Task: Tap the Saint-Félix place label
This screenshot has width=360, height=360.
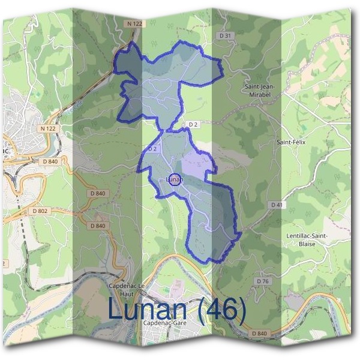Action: click(x=290, y=142)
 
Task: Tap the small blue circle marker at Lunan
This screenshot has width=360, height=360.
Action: click(x=174, y=179)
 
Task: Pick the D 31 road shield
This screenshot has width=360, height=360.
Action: click(x=226, y=36)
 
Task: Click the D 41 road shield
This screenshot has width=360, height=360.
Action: click(x=277, y=205)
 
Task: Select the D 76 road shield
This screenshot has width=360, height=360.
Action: click(x=262, y=281)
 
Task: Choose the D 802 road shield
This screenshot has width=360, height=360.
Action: click(x=40, y=211)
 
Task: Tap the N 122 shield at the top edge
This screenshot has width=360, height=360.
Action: click(x=135, y=23)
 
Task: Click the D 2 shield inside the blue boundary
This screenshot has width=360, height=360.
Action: click(x=152, y=148)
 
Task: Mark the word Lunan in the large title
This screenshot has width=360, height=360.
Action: click(x=150, y=310)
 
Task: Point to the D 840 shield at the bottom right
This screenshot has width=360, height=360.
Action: click(x=259, y=333)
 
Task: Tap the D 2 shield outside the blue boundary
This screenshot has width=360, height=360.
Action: click(x=193, y=124)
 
